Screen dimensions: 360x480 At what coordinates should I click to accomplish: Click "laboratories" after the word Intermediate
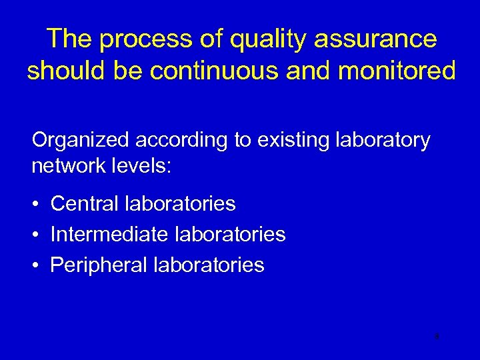point(230,235)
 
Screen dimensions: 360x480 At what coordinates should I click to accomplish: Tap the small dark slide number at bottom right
point(436,337)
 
